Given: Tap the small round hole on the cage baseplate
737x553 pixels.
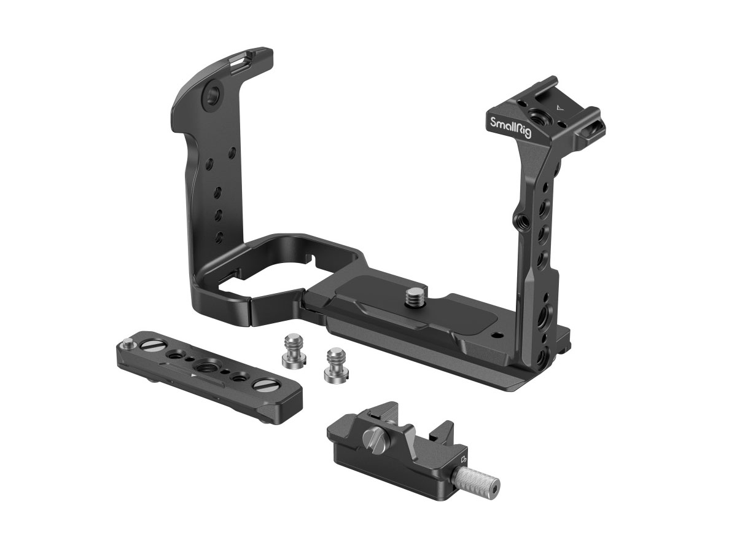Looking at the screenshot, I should pyautogui.click(x=497, y=335).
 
